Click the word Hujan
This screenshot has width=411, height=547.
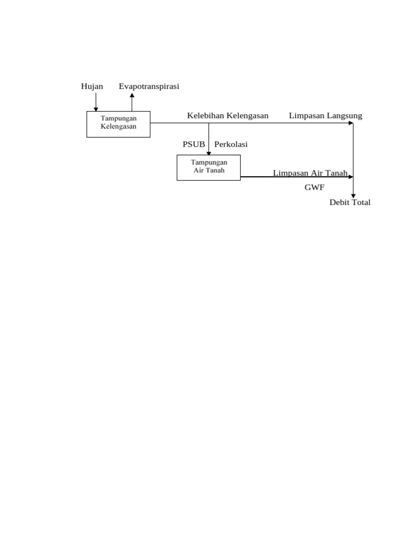pos(92,86)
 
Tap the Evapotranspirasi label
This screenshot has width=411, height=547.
pos(149,86)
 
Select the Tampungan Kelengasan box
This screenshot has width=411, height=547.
pos(118,124)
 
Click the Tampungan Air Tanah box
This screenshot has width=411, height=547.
pos(209,167)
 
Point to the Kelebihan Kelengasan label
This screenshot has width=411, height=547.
pos(227,115)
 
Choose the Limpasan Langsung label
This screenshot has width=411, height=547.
pos(325,115)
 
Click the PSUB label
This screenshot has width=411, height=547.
pos(194,144)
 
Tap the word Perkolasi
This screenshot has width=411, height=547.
pos(231,144)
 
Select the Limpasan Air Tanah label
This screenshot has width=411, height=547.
pos(310,173)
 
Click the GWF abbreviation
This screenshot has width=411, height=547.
pos(315,187)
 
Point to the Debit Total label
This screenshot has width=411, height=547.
pos(350,202)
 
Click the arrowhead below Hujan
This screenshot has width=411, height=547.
pos(96,109)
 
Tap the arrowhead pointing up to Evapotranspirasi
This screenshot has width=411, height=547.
pos(132,95)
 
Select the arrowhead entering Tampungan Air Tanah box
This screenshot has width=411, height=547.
pos(209,153)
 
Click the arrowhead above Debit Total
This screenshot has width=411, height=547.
pos(353,196)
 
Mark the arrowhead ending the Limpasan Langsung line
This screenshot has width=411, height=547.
pos(351,123)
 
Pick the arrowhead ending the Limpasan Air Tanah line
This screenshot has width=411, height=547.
pos(351,177)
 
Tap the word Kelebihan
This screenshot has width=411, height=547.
pos(205,115)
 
